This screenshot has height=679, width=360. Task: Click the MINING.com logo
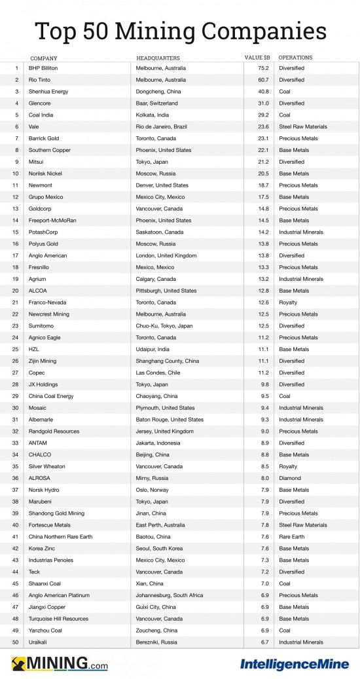pyautogui.click(x=60, y=663)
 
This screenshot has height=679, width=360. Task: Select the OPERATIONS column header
pyautogui.click(x=295, y=58)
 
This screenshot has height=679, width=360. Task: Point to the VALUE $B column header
pyautogui.click(x=257, y=58)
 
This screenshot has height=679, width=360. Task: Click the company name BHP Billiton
pyautogui.click(x=45, y=68)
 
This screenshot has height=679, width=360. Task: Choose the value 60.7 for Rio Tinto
pyautogui.click(x=262, y=80)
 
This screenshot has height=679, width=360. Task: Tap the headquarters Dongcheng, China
pyautogui.click(x=160, y=92)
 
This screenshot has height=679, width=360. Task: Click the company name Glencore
pyautogui.click(x=40, y=103)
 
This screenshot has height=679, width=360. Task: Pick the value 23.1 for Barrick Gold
pyautogui.click(x=262, y=139)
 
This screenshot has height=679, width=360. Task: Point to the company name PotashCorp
pyautogui.click(x=43, y=232)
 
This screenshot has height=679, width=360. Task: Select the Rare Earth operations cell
pyautogui.click(x=292, y=537)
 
